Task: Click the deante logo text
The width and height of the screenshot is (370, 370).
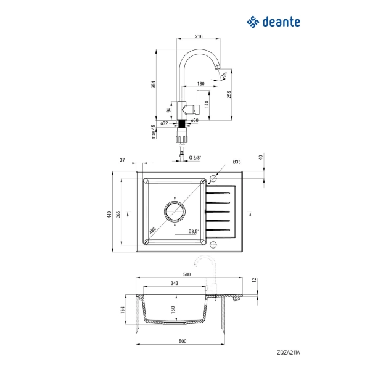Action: pyautogui.click(x=281, y=22)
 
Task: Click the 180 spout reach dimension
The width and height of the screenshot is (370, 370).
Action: pyautogui.click(x=201, y=83)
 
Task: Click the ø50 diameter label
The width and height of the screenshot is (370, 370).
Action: pyautogui.click(x=194, y=120)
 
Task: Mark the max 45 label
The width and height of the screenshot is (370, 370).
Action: pyautogui.click(x=154, y=131)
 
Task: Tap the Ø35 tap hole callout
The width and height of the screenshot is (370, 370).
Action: pyautogui.click(x=236, y=163)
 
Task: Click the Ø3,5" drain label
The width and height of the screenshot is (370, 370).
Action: pyautogui.click(x=193, y=232)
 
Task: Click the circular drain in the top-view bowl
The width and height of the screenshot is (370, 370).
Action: pyautogui.click(x=174, y=211)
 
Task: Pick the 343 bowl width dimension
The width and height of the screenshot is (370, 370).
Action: pyautogui.click(x=175, y=284)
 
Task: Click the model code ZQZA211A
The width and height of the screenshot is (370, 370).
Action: pyautogui.click(x=288, y=353)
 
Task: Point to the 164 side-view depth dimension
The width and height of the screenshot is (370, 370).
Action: pyautogui.click(x=123, y=309)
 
